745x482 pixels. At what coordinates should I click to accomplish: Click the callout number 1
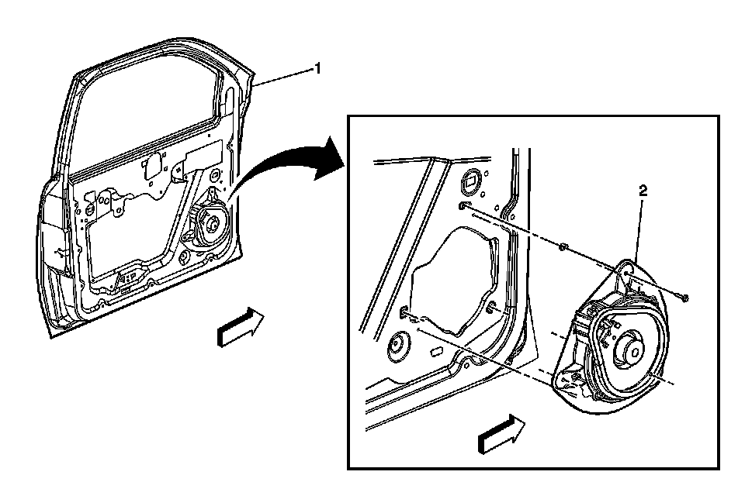pos(316,69)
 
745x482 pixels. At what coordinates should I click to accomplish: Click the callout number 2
pos(642,189)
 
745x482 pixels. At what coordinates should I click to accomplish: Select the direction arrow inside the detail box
pos(500,432)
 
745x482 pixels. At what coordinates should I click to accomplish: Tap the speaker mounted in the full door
pos(208,224)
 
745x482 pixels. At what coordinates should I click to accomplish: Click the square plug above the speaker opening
pos(471,183)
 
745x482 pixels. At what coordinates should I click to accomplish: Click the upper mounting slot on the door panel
pos(464,206)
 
